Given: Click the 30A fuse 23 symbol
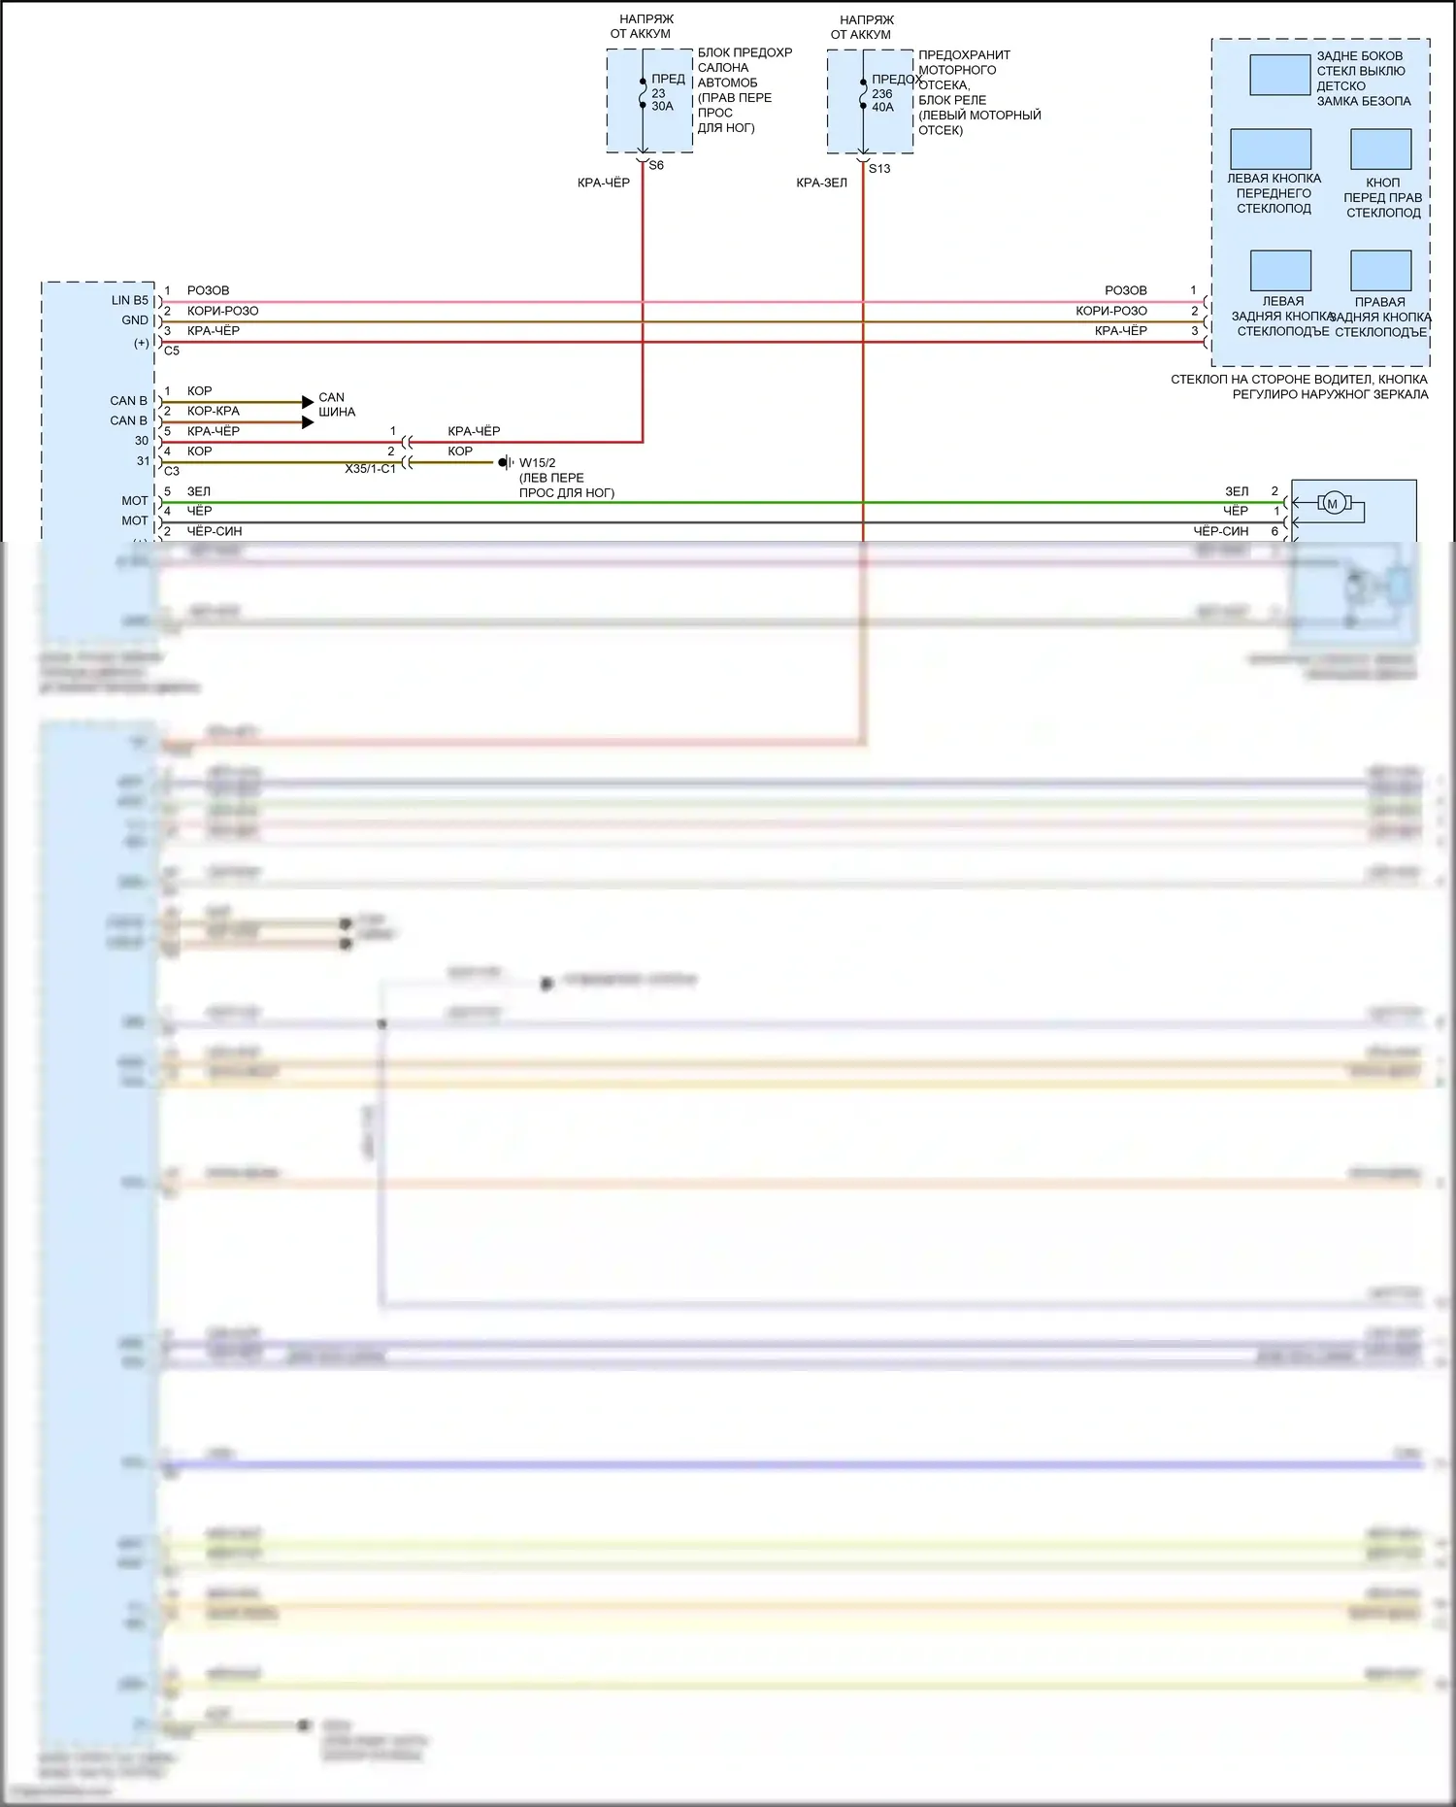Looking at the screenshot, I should (643, 93).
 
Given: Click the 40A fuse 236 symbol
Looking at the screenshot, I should (863, 93).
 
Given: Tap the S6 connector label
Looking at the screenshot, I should (656, 166).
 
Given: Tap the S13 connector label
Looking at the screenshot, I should (879, 169).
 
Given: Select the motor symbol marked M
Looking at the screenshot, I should (1332, 503).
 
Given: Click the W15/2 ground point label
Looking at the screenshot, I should (537, 463).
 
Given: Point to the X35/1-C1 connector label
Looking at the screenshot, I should (370, 469).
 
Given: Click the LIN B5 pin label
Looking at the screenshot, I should (130, 301).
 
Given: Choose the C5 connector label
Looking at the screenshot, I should (172, 351).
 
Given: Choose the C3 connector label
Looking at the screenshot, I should (172, 471).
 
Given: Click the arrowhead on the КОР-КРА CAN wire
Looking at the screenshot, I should (308, 422).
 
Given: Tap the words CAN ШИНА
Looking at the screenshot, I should (336, 405).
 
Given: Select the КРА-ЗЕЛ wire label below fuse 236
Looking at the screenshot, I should (821, 183).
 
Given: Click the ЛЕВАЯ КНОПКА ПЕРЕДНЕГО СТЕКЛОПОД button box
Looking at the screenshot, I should (1271, 150).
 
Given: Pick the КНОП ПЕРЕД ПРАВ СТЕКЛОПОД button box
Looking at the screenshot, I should (1380, 150).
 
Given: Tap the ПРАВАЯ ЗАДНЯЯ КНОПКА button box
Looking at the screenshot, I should (1380, 271).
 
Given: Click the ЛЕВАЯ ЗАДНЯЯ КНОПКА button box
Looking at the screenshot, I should (1280, 271).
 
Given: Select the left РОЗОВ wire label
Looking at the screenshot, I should (208, 290).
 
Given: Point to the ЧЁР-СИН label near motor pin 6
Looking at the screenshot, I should (1220, 531).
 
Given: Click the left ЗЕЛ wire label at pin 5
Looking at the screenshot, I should (198, 491).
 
